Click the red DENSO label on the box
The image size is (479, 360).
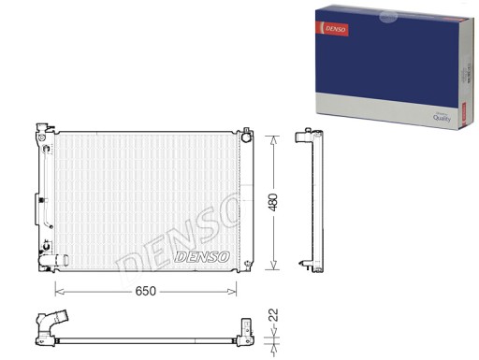[x=338, y=30]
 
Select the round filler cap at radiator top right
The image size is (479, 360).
[x=247, y=137]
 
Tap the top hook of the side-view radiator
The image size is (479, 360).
[x=304, y=137]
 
